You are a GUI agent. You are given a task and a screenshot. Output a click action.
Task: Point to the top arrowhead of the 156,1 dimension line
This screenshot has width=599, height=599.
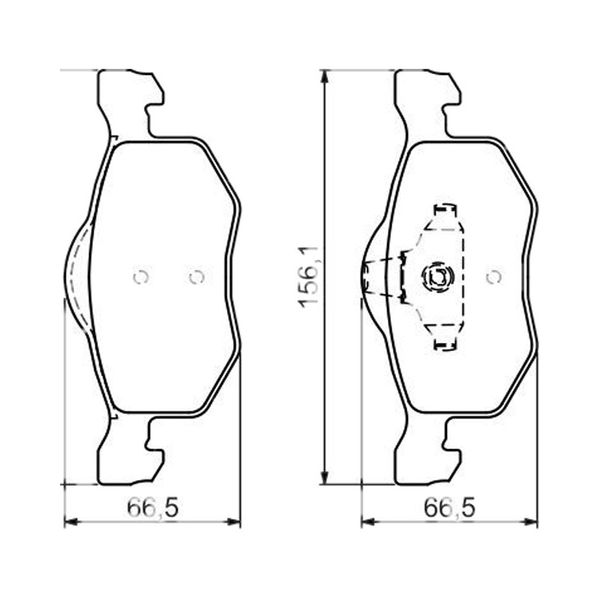[324, 76]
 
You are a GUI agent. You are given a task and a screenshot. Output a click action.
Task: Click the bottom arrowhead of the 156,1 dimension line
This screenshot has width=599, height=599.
[324, 478]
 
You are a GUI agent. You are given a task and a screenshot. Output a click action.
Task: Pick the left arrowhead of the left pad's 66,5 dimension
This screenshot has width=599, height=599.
[71, 521]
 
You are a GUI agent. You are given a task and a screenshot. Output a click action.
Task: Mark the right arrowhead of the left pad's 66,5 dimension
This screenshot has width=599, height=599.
[234, 521]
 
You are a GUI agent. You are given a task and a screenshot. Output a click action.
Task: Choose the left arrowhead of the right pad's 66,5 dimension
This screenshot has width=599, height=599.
[368, 521]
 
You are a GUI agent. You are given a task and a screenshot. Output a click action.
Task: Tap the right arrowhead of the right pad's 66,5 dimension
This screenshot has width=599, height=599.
[531, 521]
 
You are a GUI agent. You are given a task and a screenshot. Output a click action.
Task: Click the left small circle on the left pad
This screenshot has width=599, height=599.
[141, 277]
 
